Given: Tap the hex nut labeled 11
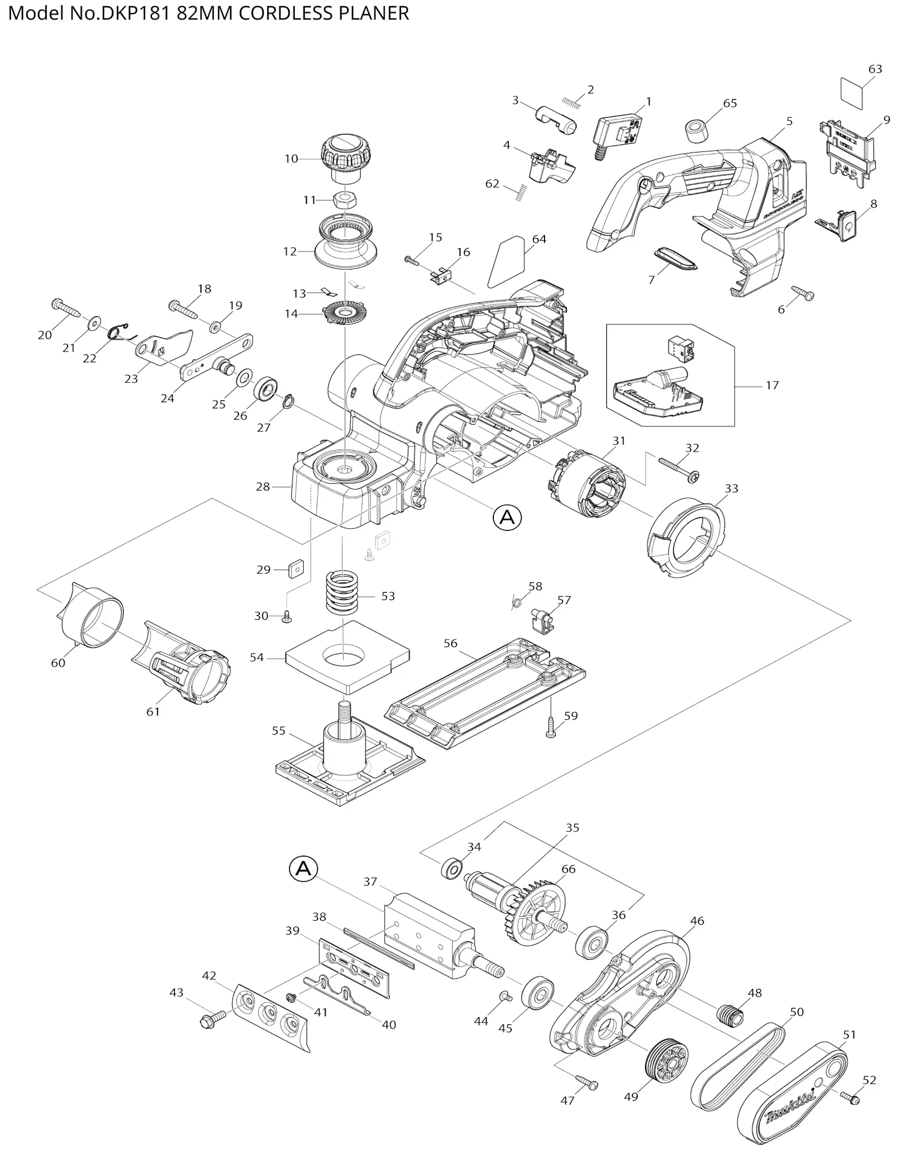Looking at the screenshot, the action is click(343, 200).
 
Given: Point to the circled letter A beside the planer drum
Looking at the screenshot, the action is click(303, 869).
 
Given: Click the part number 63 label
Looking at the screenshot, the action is click(875, 69).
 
